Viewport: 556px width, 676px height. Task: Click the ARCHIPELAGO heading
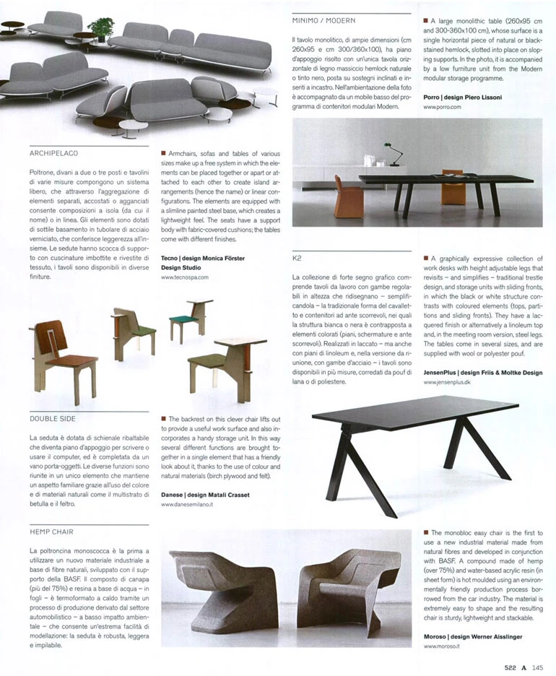coord(53,153)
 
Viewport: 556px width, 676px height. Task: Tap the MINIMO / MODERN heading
coord(323,21)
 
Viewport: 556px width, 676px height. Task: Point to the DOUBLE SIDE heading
coord(52,418)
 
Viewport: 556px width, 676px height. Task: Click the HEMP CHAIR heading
coord(51,532)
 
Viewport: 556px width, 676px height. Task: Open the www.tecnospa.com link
coord(184,277)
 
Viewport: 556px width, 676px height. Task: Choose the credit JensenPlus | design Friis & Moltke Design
coord(482,373)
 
